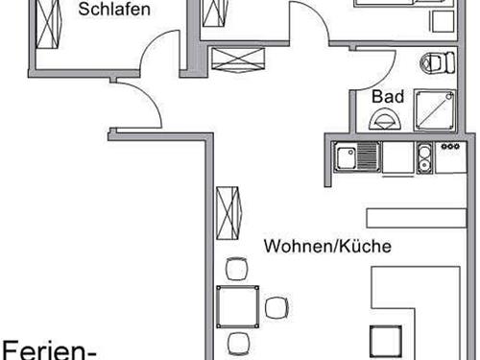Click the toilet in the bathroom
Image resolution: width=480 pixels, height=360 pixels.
coord(437,64)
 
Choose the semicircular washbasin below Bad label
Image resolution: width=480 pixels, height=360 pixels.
coord(388,121)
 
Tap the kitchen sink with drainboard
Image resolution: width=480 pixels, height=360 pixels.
coord(356,157)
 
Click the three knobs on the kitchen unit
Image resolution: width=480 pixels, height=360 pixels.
coord(448,148)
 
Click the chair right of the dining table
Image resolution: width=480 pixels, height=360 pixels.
coord(276,308)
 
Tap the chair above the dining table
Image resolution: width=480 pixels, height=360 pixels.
coord(235,270)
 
